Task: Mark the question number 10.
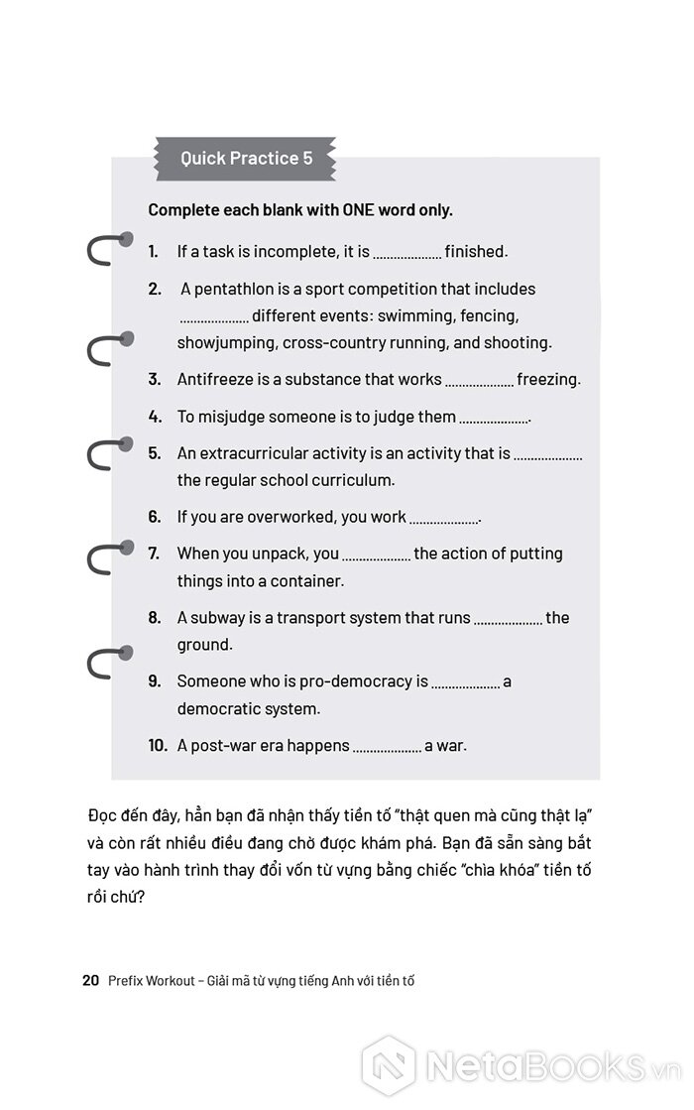pos(157,745)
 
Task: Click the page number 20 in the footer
pos(90,981)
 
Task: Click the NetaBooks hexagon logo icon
pos(388,1066)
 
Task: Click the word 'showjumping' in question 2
pos(227,343)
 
